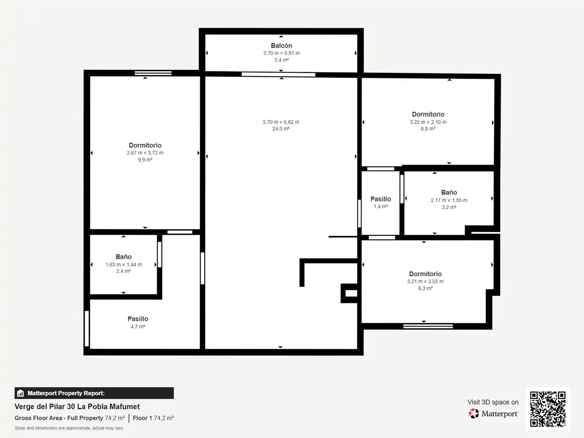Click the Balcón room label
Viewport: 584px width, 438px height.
281,46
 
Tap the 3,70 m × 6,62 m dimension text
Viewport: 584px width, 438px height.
281,122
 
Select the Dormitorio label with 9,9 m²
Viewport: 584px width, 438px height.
145,145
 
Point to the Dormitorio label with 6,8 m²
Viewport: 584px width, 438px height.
428,114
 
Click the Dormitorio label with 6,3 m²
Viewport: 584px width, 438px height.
425,274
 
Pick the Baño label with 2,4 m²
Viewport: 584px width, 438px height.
123,257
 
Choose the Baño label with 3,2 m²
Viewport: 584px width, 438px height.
449,192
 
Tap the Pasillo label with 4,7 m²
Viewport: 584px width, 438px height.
138,319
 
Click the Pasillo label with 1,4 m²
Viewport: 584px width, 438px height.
381,199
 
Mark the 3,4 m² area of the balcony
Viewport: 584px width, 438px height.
281,60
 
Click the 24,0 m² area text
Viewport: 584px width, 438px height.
281,129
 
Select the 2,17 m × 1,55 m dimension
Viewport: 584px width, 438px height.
449,200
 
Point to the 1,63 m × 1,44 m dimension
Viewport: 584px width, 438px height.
123,264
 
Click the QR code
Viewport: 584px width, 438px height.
548,409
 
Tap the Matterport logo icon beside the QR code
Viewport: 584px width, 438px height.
474,414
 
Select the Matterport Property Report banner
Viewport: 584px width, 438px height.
94,393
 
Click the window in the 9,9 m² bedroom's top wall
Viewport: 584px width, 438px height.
153,73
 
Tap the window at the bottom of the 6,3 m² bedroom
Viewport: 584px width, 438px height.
428,326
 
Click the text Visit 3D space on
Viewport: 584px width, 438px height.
493,402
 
